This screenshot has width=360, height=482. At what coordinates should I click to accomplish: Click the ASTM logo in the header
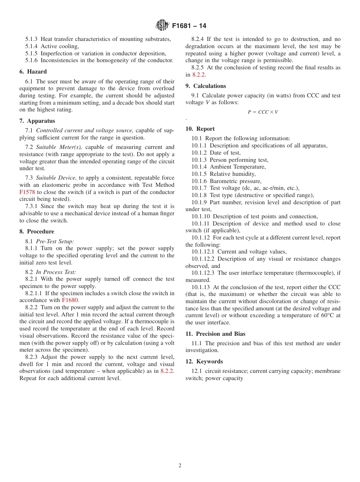(162, 26)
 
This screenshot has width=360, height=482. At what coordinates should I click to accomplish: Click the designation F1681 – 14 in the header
(189, 26)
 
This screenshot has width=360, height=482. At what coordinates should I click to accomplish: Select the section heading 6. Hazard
(33, 72)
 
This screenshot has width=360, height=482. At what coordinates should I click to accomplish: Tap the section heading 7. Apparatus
(37, 121)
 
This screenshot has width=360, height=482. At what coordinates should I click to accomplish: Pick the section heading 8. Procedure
(37, 232)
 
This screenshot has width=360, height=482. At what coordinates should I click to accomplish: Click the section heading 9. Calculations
(205, 86)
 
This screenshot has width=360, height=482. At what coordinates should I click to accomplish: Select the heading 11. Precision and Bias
(215, 334)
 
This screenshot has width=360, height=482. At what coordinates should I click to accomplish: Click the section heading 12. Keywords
(204, 361)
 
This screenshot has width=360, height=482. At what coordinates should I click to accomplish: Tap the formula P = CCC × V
(263, 112)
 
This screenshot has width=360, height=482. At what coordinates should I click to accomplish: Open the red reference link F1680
(70, 300)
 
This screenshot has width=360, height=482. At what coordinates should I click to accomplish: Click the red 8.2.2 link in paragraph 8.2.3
(167, 371)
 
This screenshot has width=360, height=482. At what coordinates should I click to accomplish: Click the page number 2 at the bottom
(180, 466)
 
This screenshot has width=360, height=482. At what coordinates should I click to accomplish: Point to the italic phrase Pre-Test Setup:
(55, 241)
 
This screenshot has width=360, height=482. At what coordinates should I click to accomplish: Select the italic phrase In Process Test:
(56, 272)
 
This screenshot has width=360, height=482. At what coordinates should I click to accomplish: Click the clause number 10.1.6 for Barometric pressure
(199, 181)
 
